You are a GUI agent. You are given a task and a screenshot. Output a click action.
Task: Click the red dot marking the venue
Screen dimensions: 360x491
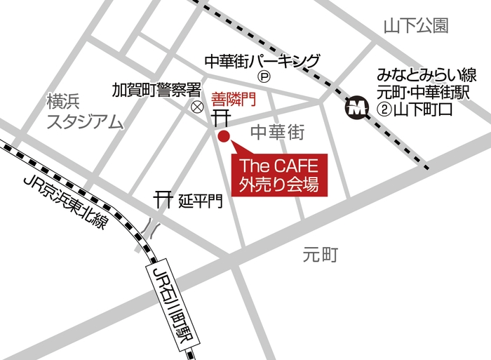[224, 136]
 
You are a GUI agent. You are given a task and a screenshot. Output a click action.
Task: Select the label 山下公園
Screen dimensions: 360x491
[416, 27]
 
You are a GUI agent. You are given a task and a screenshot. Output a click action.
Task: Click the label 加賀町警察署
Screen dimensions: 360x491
[157, 91]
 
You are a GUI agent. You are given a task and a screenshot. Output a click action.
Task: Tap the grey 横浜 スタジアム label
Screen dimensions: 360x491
[84, 112]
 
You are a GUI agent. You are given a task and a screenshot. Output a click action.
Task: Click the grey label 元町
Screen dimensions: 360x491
[321, 255]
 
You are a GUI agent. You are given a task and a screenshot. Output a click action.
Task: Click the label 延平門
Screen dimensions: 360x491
[200, 201]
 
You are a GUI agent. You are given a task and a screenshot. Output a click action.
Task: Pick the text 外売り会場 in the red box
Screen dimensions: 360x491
[279, 186]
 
